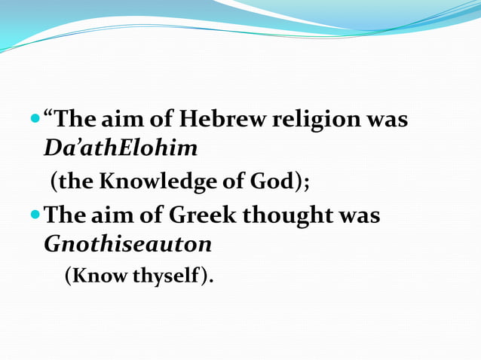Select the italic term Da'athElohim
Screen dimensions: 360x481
pyautogui.click(x=121, y=148)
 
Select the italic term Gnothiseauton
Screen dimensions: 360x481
pyautogui.click(x=127, y=245)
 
